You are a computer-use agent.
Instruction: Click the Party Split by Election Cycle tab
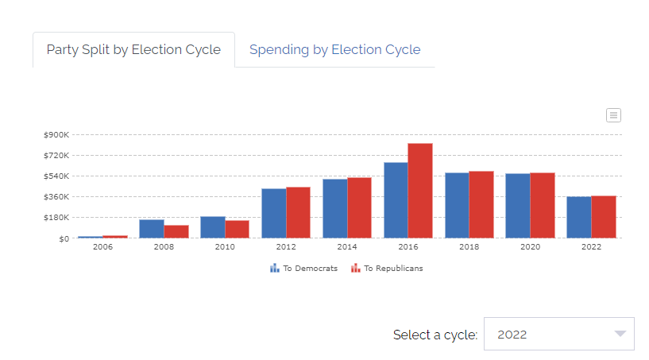pyautogui.click(x=133, y=49)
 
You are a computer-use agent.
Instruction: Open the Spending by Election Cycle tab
pyautogui.click(x=334, y=49)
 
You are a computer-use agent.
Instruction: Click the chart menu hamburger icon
pyautogui.click(x=613, y=115)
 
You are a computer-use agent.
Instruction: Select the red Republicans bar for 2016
pyautogui.click(x=420, y=191)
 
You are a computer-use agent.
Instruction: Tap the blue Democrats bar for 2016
pyautogui.click(x=396, y=200)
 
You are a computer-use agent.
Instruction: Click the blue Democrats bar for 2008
pyautogui.click(x=152, y=229)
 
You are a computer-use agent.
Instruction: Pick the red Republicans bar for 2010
pyautogui.click(x=237, y=229)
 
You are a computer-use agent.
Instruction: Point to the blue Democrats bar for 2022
pyautogui.click(x=578, y=217)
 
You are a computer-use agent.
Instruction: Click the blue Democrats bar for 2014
pyautogui.click(x=334, y=208)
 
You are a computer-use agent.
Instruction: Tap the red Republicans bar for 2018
pyautogui.click(x=481, y=204)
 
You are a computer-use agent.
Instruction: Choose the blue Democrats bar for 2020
pyautogui.click(x=518, y=206)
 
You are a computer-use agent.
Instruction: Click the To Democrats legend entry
pyautogui.click(x=304, y=269)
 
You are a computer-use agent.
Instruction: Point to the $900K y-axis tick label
pyautogui.click(x=57, y=134)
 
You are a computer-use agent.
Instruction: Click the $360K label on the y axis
pyautogui.click(x=57, y=196)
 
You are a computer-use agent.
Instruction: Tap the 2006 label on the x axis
pyautogui.click(x=102, y=247)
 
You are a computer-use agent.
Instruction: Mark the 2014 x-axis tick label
pyautogui.click(x=347, y=247)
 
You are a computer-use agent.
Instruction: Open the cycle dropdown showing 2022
pyautogui.click(x=559, y=334)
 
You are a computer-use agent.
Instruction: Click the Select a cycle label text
pyautogui.click(x=435, y=335)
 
